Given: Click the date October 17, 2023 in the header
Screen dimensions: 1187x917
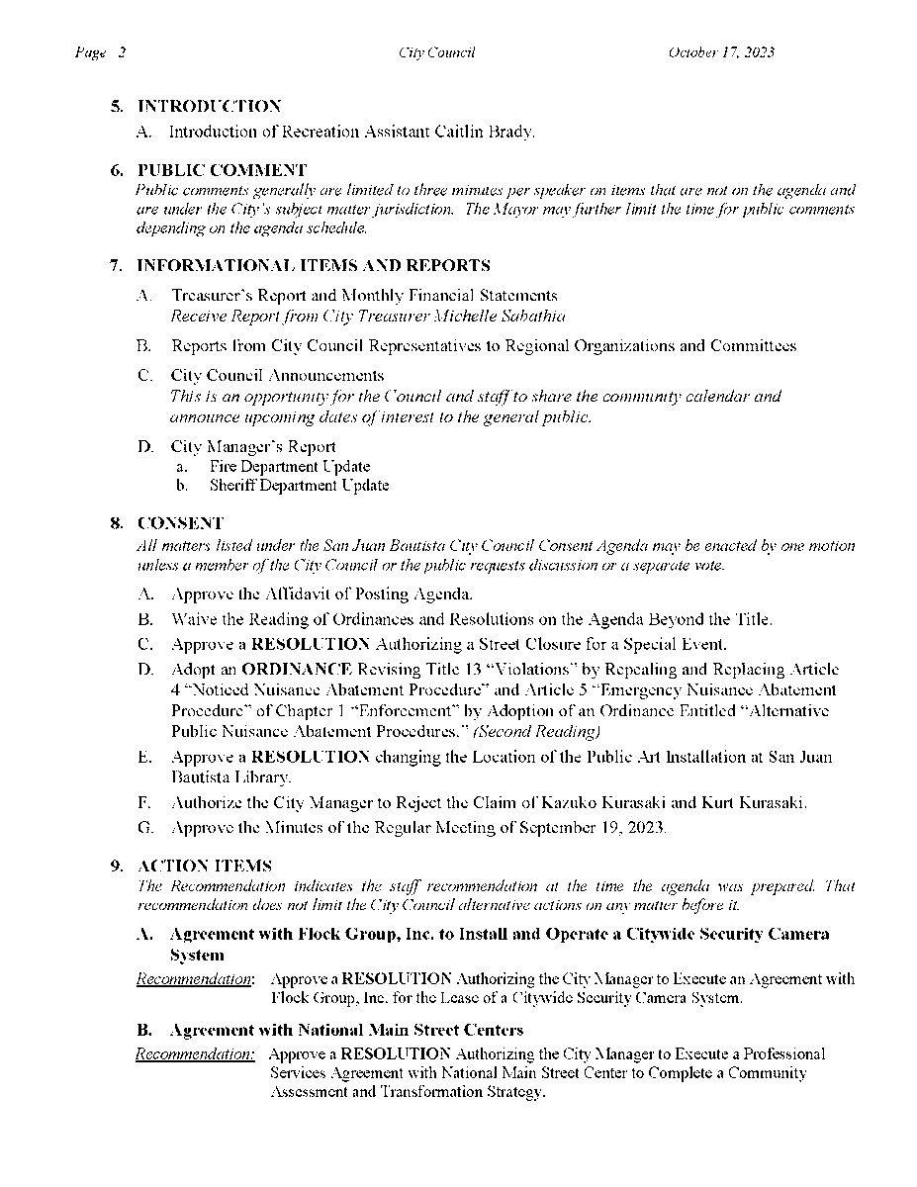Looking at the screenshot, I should coord(720,52).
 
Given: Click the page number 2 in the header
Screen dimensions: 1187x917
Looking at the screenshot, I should coord(121,52).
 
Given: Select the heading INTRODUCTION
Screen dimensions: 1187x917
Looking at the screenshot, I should coord(209,106).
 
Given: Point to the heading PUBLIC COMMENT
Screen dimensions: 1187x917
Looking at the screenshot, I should coord(222,170).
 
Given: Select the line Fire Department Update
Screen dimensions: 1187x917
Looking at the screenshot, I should coord(290,466).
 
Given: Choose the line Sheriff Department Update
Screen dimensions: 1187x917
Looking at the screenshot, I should coord(299,486).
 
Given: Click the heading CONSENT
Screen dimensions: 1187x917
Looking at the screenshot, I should coord(180,522).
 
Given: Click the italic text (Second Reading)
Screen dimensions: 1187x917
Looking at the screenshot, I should coord(536,732).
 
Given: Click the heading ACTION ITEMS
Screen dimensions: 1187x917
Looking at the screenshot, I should coord(205,866).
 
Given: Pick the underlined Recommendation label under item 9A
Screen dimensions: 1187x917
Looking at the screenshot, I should coord(195,979).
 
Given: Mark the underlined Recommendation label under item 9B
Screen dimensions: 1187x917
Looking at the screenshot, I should coord(195,1054).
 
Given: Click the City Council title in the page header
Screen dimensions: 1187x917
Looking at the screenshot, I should coord(436,52).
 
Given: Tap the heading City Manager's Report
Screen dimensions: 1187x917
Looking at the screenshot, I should coord(253,447).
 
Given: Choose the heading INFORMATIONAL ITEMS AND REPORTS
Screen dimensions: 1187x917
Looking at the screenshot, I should coord(313,266).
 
